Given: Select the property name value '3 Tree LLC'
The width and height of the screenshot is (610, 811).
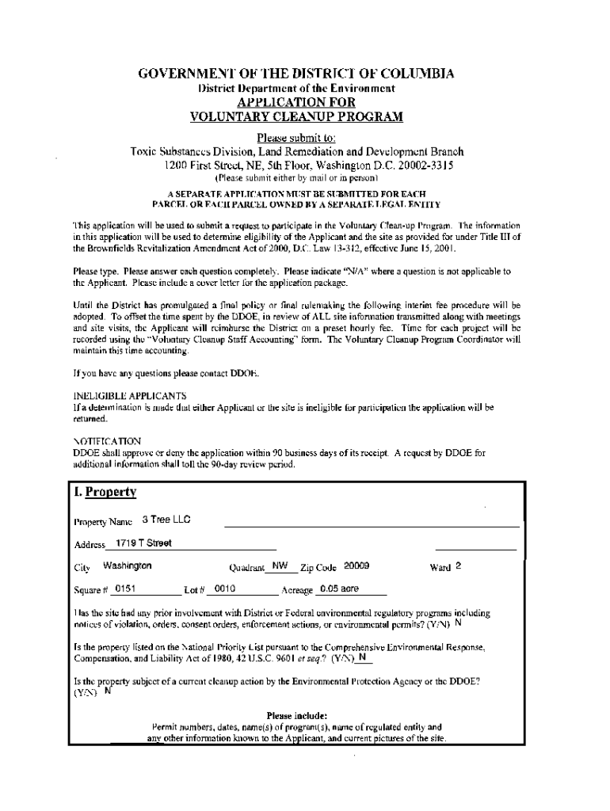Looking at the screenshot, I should (x=165, y=520).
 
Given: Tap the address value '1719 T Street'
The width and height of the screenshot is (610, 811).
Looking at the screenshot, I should (x=143, y=543).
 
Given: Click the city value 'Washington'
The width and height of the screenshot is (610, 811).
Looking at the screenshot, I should (x=128, y=566).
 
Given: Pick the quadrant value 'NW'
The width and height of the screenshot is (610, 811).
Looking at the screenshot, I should (x=279, y=566).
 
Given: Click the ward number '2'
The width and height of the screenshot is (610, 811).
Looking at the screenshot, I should (x=458, y=566).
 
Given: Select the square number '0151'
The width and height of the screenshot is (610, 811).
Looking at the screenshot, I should (x=124, y=589).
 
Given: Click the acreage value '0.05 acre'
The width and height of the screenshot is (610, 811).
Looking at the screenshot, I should (x=338, y=589).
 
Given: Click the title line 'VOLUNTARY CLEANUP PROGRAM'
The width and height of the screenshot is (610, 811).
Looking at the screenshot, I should (x=297, y=117).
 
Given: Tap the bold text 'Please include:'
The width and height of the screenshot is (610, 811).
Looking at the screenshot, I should (x=297, y=715).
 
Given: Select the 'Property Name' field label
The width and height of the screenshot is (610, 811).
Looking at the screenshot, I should (x=103, y=522).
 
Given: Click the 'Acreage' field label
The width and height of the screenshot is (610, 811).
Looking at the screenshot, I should (x=297, y=591).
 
